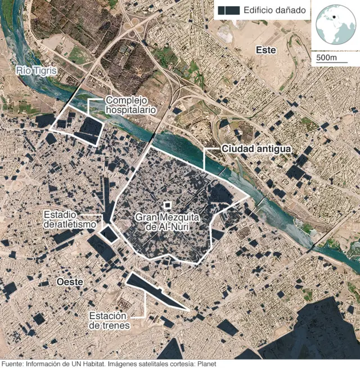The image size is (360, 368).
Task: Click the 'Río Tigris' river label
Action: (x=37, y=70)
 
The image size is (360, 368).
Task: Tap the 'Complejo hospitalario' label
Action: (x=130, y=105)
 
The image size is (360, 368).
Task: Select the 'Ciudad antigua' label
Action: (x=256, y=149)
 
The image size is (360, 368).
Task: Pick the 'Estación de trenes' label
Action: (x=110, y=321)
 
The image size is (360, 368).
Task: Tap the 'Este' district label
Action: (x=265, y=50)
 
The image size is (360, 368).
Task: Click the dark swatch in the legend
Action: (x=229, y=10)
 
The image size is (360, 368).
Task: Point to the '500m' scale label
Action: (x=326, y=58)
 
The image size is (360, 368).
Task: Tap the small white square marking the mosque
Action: (x=166, y=206)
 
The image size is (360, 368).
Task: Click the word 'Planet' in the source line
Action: (x=205, y=363)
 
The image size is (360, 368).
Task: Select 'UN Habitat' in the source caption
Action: (x=85, y=363)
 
